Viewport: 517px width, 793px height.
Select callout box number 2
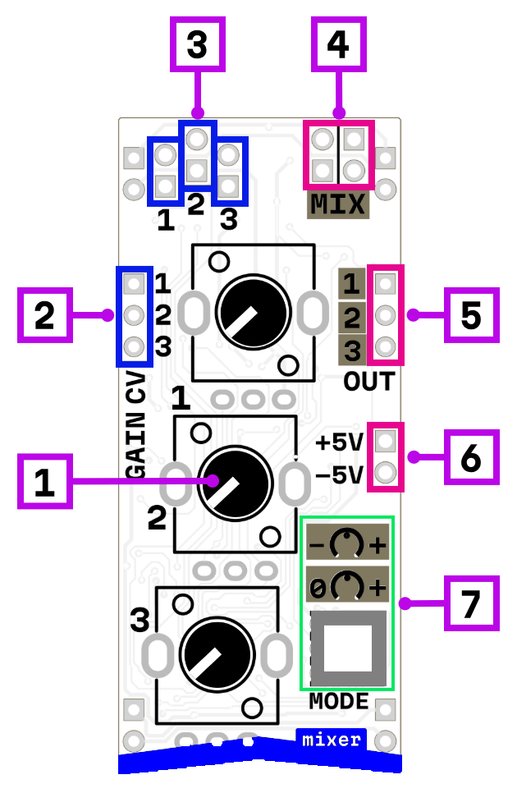pos(44,314)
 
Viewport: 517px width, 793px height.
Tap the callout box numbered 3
pos(197,44)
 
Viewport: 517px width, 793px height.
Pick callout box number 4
pos(338,44)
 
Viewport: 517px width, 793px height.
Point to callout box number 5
pos(471,314)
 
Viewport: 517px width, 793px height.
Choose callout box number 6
pos(471,457)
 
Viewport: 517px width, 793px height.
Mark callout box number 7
pos(471,603)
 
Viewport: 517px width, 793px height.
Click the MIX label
pos(338,204)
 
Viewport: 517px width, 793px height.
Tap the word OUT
pos(368,382)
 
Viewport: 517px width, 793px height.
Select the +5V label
pos(339,443)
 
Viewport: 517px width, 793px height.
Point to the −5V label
pos(339,474)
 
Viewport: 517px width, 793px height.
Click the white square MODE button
pos(348,649)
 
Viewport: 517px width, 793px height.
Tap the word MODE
pos(339,702)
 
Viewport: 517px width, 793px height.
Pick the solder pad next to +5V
pos(385,442)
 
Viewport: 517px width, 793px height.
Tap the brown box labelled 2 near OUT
pos(352,318)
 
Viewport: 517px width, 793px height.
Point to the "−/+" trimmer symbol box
pos(348,543)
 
